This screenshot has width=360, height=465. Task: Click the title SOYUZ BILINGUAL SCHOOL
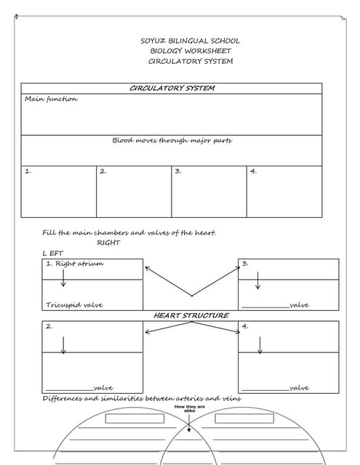[x=190, y=41]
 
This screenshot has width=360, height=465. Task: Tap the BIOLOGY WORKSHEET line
[x=190, y=51]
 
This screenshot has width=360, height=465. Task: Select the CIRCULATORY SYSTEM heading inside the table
[x=172, y=88]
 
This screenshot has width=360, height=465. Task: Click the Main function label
[x=51, y=99]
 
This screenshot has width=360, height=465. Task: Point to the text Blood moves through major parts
[x=172, y=140]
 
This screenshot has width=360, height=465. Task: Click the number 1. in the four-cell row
[x=28, y=171]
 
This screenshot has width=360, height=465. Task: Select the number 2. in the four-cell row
[x=103, y=171]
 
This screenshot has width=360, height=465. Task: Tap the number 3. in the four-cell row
[x=178, y=171]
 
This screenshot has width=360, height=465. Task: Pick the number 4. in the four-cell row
[x=253, y=171]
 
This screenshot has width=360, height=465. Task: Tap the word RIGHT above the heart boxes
[x=108, y=243]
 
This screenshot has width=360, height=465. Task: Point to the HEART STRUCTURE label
[x=191, y=315]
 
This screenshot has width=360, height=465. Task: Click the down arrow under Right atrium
[x=63, y=278]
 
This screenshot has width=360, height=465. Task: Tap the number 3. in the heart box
[x=246, y=263]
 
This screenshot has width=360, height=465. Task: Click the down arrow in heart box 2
[x=63, y=345]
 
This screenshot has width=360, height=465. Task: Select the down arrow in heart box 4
[x=260, y=345]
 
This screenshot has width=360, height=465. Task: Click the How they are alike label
[x=189, y=408]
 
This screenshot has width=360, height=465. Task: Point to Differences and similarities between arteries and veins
[x=142, y=399]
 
